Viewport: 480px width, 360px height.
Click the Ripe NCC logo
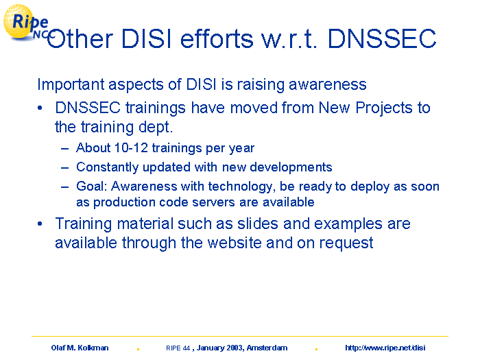[27, 23]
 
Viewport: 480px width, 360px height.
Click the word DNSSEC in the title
[382, 39]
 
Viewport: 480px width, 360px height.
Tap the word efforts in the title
[217, 39]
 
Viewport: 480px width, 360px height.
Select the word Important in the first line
[71, 84]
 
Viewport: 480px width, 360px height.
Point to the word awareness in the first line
[328, 84]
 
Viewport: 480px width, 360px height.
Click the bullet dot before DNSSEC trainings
[40, 108]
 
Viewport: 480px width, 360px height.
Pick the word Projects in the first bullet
[384, 108]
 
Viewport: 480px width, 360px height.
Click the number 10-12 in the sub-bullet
[131, 148]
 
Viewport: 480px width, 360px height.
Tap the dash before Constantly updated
[64, 168]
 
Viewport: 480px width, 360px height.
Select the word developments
[291, 167]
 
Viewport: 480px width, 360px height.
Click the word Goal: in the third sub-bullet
[91, 187]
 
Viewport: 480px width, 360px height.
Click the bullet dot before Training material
[40, 224]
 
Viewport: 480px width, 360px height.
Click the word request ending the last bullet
[346, 243]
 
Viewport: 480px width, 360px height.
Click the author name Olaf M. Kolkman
[80, 348]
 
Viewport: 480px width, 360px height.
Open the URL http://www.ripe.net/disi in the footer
[385, 348]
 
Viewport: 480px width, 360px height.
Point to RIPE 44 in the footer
[178, 348]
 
